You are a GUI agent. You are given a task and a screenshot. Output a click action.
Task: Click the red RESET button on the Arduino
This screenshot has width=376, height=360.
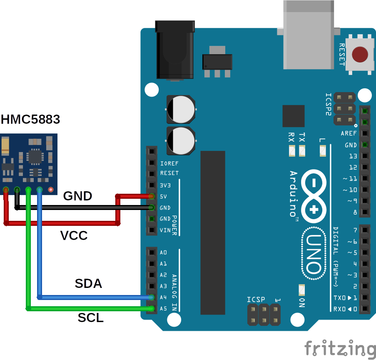(x=360, y=54)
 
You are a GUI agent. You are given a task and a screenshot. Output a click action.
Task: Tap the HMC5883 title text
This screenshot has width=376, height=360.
(x=30, y=120)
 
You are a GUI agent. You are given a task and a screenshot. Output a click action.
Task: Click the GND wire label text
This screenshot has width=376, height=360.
(x=77, y=196)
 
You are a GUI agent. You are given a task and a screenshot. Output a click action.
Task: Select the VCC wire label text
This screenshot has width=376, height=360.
(x=74, y=236)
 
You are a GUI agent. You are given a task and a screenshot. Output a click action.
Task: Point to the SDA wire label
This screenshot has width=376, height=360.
(x=88, y=284)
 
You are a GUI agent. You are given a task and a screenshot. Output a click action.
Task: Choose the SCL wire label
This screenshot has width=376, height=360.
(x=90, y=318)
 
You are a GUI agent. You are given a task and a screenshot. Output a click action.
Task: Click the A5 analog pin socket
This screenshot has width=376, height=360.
(x=152, y=309)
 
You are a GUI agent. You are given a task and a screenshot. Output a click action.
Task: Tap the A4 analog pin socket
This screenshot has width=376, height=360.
(x=152, y=297)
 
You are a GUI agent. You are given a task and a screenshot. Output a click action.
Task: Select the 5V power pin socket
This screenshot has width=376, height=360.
(x=152, y=196)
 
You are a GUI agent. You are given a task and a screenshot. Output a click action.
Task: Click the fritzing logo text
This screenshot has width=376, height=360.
(x=339, y=348)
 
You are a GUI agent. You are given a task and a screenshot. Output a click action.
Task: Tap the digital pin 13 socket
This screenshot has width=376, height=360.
(x=365, y=156)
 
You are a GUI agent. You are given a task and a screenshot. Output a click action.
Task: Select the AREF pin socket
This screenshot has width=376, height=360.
(x=365, y=134)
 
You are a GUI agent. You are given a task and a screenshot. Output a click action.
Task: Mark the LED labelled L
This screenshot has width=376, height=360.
(x=323, y=150)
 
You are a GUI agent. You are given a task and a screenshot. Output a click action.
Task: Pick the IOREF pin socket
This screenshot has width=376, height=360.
(x=152, y=163)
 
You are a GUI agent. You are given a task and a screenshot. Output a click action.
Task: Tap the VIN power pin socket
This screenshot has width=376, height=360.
(x=152, y=230)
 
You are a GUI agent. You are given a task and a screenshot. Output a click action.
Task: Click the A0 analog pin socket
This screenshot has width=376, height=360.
(x=152, y=252)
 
